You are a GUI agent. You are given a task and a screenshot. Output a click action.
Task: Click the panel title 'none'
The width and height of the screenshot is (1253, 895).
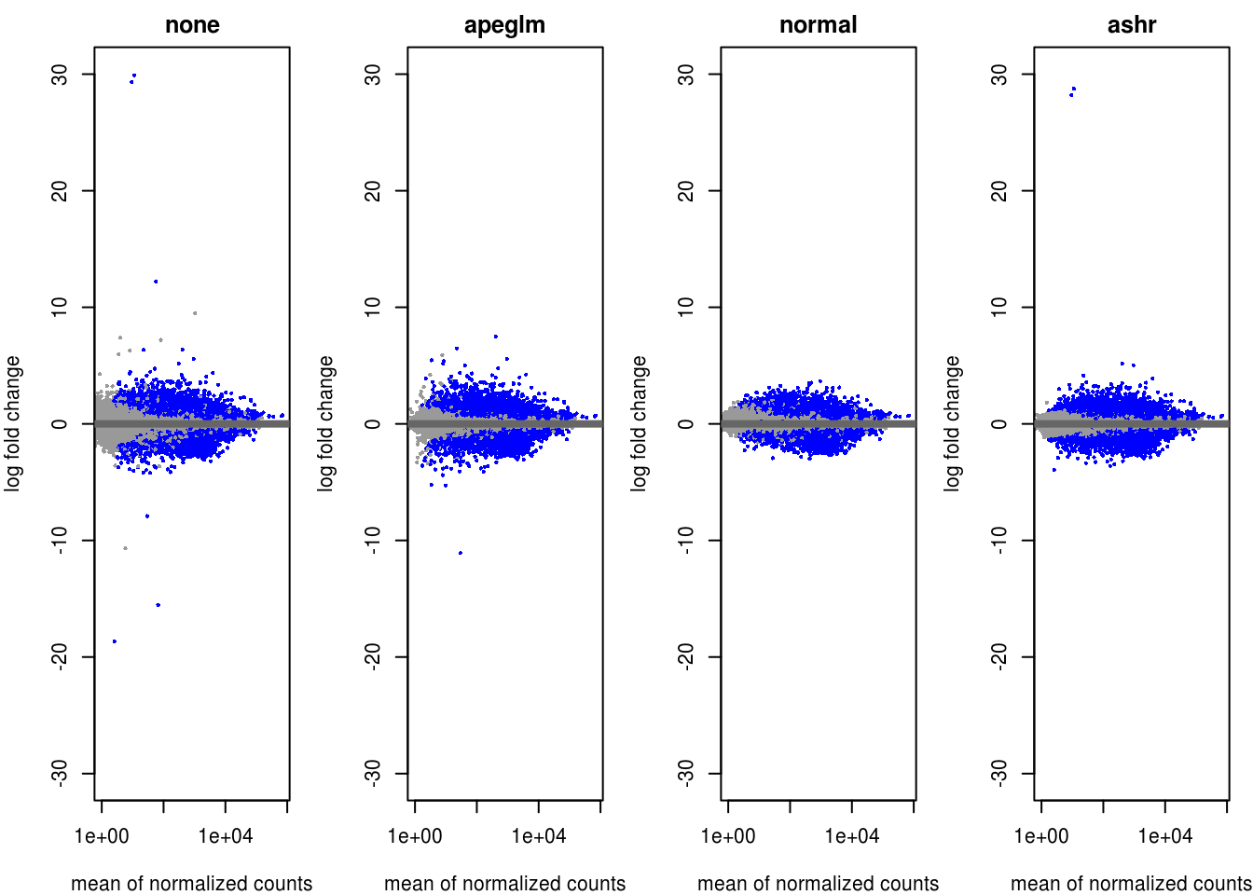pos(192,25)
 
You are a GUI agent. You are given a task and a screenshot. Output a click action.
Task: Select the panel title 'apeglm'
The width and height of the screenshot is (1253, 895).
pos(504,25)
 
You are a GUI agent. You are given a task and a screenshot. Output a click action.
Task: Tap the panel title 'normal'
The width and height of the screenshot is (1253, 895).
pos(818,25)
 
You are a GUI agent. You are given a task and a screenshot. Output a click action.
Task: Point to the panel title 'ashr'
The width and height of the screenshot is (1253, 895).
pos(1131,25)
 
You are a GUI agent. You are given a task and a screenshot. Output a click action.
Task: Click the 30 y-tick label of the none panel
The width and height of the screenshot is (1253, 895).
pos(61,75)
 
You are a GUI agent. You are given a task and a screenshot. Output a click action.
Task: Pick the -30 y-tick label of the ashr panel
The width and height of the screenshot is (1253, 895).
pos(1000,773)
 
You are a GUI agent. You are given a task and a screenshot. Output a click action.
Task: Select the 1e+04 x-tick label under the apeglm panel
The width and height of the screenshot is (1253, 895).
pos(539,836)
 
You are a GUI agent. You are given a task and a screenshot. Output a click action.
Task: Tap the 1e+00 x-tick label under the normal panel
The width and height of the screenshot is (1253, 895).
pos(728,836)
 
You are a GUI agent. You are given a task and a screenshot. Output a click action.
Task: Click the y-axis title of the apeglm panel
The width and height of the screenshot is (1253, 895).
pos(325,423)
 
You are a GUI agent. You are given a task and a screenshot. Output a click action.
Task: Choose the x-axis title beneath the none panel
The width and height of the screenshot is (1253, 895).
pos(192,883)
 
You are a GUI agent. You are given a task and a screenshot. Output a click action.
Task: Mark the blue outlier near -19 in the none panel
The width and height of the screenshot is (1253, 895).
pos(115,641)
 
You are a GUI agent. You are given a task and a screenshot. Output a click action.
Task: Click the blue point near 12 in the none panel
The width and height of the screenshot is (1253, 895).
pos(156,282)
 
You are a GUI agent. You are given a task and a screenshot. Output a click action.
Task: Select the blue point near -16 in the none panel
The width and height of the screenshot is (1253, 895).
pos(158,605)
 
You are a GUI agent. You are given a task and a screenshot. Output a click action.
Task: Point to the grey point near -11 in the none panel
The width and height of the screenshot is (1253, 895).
pos(125,548)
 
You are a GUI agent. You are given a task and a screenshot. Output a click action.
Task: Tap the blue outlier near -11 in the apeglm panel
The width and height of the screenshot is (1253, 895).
pos(461,553)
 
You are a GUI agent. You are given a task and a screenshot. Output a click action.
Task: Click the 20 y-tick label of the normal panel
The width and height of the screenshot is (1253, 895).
pos(687,191)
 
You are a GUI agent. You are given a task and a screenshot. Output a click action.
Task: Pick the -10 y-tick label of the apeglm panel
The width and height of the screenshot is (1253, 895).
pos(374,540)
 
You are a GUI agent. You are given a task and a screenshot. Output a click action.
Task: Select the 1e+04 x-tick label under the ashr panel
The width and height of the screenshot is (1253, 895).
pos(1165,836)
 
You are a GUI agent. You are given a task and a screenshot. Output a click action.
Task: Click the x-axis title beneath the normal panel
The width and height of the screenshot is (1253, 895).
pos(818,883)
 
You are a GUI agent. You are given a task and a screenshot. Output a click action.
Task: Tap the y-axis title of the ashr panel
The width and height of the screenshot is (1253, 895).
pos(952,423)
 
